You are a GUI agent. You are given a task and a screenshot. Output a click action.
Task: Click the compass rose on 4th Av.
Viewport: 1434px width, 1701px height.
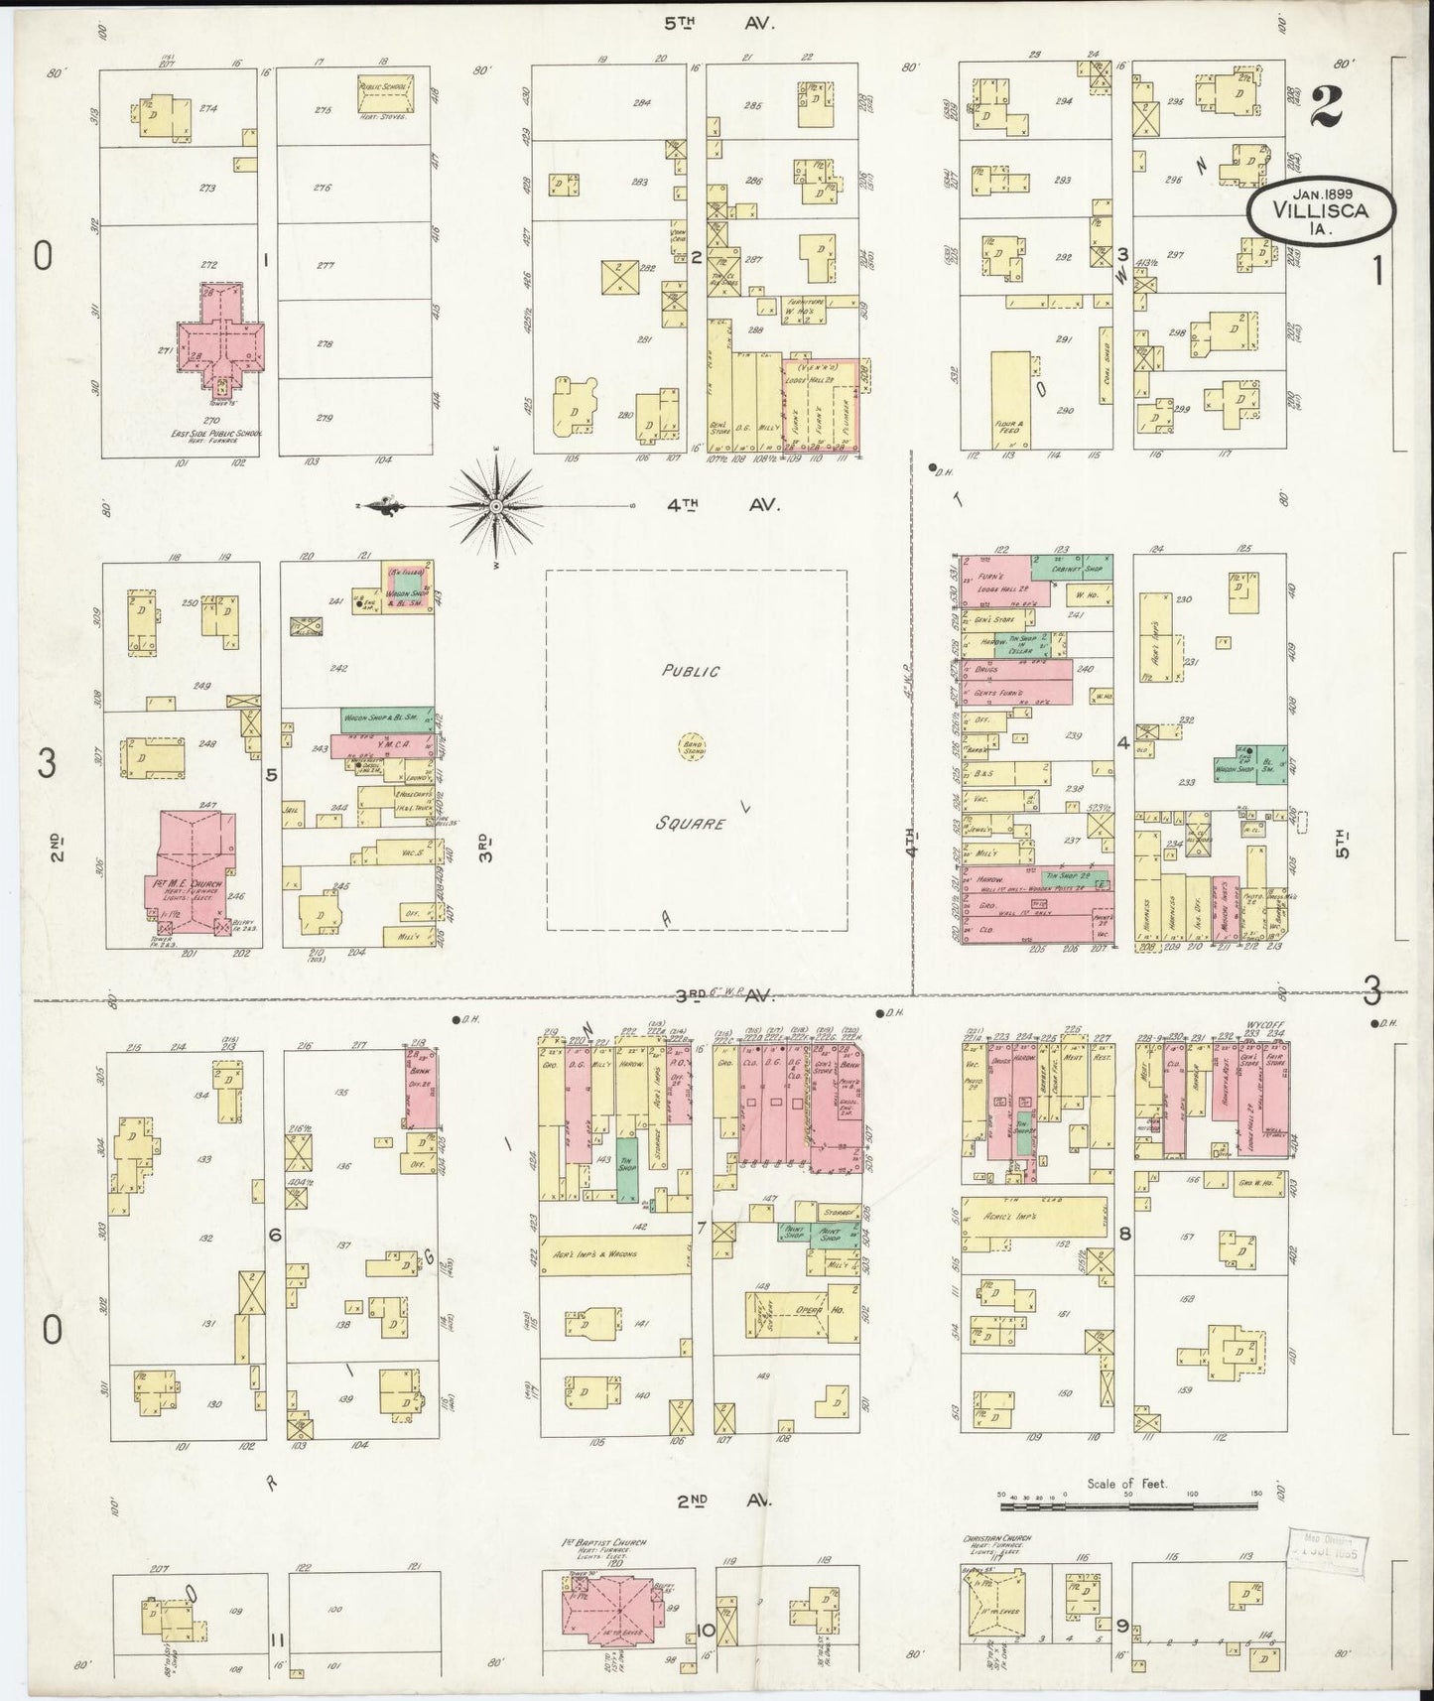pyautogui.click(x=494, y=507)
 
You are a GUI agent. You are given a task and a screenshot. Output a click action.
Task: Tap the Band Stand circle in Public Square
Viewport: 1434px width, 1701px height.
pyautogui.click(x=692, y=745)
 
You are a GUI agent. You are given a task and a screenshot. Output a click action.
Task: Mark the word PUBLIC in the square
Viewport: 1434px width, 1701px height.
pyautogui.click(x=692, y=671)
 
